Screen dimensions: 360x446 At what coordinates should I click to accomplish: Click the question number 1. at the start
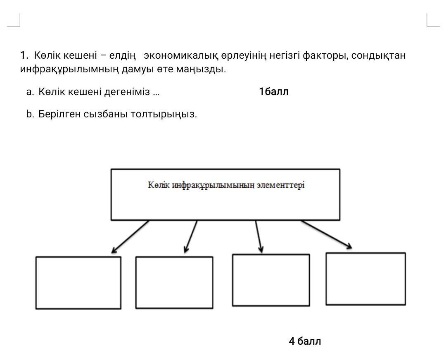pyautogui.click(x=24, y=55)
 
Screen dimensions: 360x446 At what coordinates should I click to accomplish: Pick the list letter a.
pyautogui.click(x=30, y=92)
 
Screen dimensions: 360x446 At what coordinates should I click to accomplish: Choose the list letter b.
pyautogui.click(x=30, y=114)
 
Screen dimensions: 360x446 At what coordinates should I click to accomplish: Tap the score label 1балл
pyautogui.click(x=274, y=92)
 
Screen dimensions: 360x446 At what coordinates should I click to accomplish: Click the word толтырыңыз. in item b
pyautogui.click(x=164, y=114)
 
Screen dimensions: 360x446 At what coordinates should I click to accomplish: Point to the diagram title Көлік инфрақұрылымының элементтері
pyautogui.click(x=226, y=185)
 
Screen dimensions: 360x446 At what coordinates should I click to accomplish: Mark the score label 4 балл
pyautogui.click(x=305, y=341)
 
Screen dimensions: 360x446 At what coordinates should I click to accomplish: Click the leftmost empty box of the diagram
pyautogui.click(x=78, y=283)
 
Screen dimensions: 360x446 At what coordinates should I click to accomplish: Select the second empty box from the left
pyautogui.click(x=174, y=283)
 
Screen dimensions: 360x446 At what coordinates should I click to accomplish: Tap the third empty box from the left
pyautogui.click(x=271, y=280)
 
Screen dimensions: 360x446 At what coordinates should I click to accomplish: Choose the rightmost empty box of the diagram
pyautogui.click(x=365, y=279)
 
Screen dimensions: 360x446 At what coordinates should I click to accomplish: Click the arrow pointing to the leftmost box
pyautogui.click(x=130, y=236)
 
